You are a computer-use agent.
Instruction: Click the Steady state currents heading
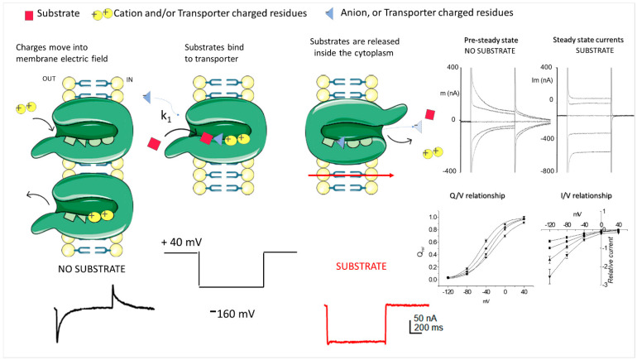[x=586, y=40]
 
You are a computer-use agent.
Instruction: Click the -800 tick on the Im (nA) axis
[x=546, y=170]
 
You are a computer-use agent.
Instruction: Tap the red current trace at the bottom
[x=356, y=340]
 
